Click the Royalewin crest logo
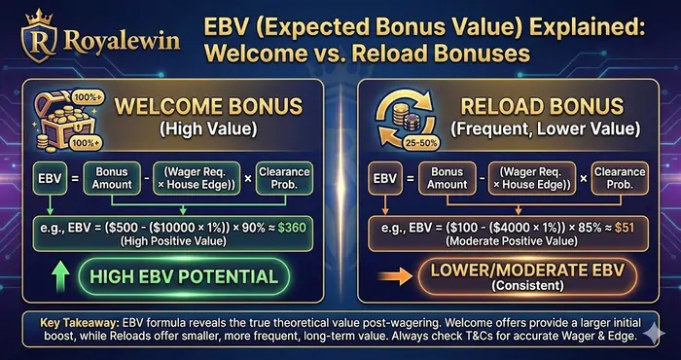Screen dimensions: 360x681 click(x=40, y=40)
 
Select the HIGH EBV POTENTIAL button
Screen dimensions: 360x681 click(x=183, y=276)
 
